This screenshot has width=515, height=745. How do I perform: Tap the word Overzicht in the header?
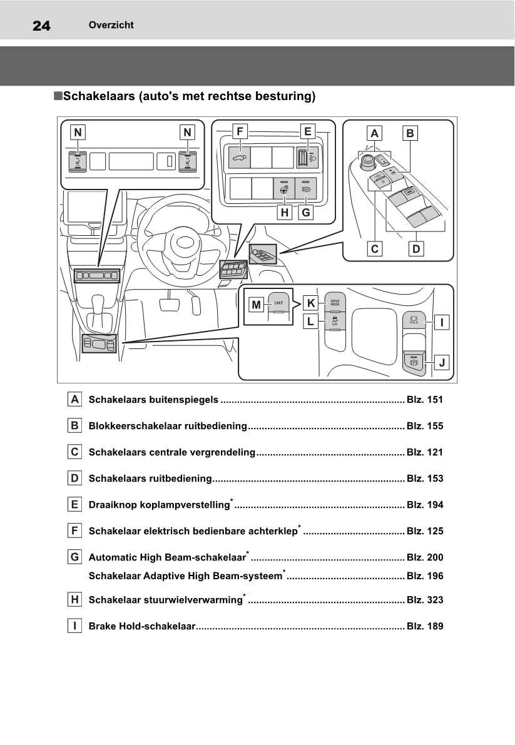click(111, 25)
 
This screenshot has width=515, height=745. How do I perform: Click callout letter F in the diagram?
click(240, 131)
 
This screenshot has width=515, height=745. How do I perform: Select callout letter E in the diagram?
click(307, 131)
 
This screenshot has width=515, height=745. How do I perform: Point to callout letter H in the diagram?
click(285, 213)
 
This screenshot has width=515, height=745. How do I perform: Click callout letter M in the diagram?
click(256, 305)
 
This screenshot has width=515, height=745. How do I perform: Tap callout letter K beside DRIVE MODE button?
click(311, 303)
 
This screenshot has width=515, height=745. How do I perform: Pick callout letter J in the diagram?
click(442, 362)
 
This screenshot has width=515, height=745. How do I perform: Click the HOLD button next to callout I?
click(414, 320)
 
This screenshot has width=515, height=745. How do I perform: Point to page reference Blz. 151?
click(425, 400)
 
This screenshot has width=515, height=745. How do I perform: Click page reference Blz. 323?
click(425, 600)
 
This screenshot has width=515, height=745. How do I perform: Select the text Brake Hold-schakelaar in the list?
click(142, 626)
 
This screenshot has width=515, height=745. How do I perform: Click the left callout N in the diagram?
click(78, 132)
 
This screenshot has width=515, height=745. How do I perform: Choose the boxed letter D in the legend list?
click(74, 479)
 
